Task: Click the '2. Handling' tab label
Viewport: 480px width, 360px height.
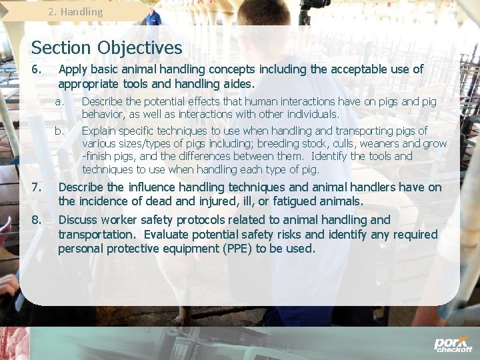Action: [x=76, y=11]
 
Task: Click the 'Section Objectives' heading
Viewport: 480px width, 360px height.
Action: [x=106, y=48]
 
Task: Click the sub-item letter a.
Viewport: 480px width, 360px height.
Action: [x=59, y=102]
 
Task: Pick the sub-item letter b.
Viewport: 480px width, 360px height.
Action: [x=59, y=131]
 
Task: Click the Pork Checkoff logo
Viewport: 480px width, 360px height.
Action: [x=453, y=344]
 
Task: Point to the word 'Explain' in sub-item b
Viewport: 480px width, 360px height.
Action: [x=99, y=131]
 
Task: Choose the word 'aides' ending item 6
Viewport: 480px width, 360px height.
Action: [x=239, y=84]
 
